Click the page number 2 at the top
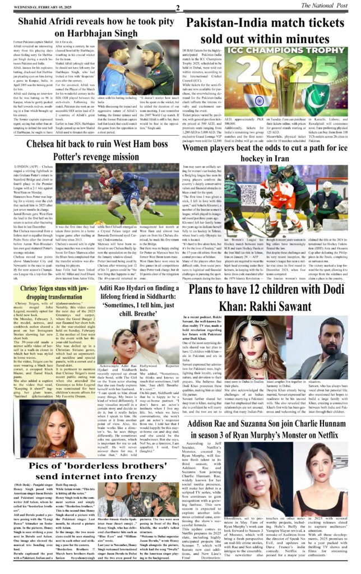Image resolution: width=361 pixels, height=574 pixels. [x=178, y=7]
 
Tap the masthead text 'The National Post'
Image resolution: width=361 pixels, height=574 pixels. [x=328, y=7]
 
